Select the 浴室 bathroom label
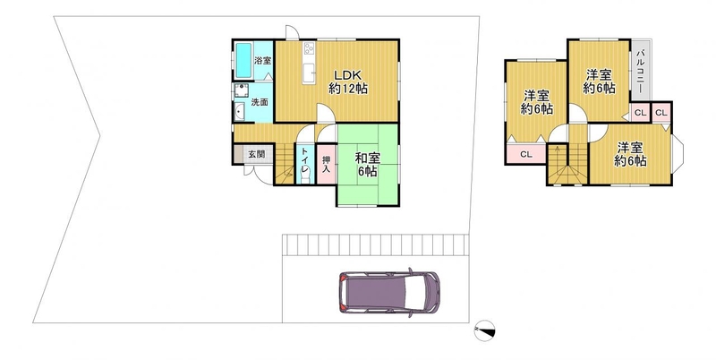pyautogui.click(x=262, y=60)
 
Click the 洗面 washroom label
pyautogui.click(x=260, y=102)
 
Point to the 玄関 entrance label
pyautogui.click(x=256, y=154)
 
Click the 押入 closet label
pyautogui.click(x=326, y=165)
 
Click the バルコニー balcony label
pyautogui.click(x=640, y=70)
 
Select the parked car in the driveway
pyautogui.click(x=389, y=292)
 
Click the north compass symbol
pyautogui.click(x=484, y=330)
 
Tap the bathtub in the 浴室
pyautogui.click(x=243, y=61)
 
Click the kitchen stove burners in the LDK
pyautogui.click(x=309, y=48)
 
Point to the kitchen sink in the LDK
pyautogui.click(x=309, y=72)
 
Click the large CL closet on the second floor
pyautogui.click(x=526, y=154)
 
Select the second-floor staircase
pyautogui.click(x=567, y=164)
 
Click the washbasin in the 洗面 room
pyautogui.click(x=239, y=111)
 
